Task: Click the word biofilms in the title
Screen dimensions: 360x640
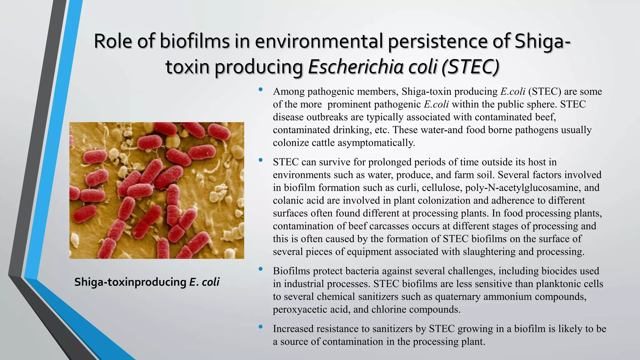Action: pyautogui.click(x=195, y=41)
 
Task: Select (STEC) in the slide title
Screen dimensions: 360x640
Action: pyautogui.click(x=470, y=67)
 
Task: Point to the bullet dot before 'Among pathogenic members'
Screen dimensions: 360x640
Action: pyautogui.click(x=261, y=90)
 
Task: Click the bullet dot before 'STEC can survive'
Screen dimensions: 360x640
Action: pyautogui.click(x=261, y=160)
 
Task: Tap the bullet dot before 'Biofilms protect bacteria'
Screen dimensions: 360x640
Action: pyautogui.click(x=261, y=269)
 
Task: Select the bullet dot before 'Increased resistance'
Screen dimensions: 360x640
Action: pyautogui.click(x=261, y=327)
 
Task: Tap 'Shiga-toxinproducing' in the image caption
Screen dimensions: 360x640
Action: pyautogui.click(x=130, y=282)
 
